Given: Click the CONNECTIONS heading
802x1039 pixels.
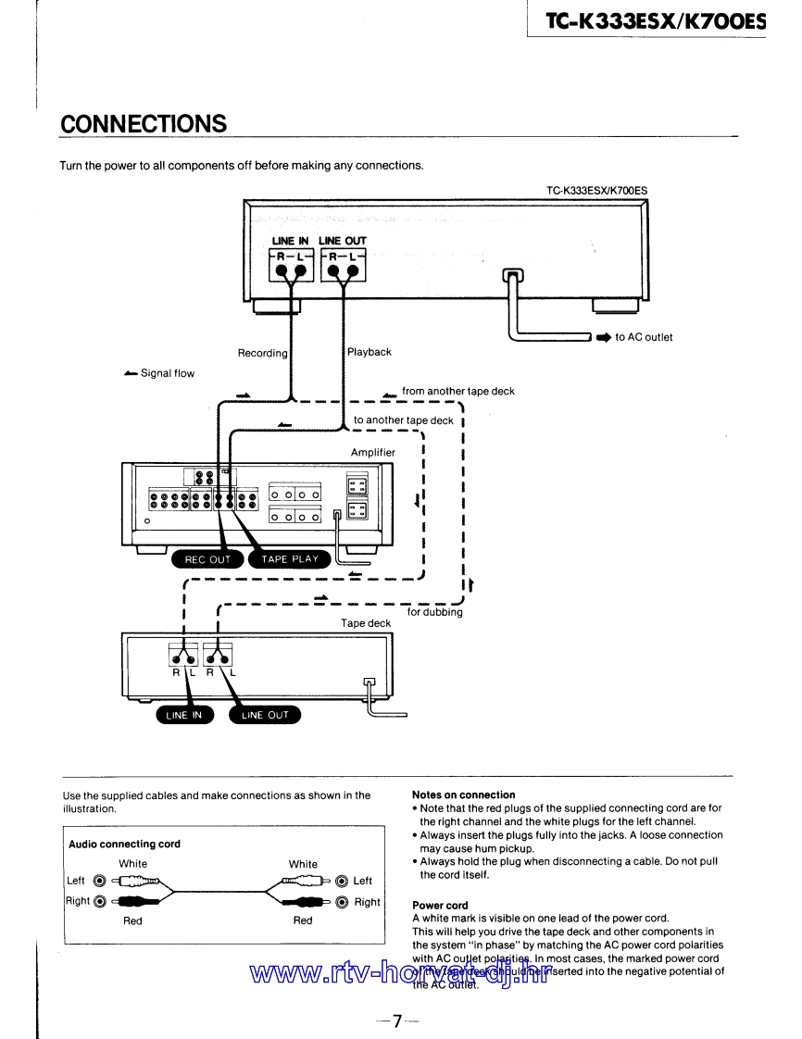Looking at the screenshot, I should [143, 124].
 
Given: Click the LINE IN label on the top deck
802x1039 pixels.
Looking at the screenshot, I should [290, 241].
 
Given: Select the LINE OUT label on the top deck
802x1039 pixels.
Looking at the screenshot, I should [343, 241].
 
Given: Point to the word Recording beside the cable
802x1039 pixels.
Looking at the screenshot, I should [262, 353].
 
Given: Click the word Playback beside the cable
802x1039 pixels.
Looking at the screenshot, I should [370, 352].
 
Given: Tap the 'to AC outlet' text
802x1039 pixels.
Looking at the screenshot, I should [644, 337].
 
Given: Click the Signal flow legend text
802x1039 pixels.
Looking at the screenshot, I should [168, 373].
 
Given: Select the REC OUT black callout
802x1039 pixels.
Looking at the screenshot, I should [207, 559].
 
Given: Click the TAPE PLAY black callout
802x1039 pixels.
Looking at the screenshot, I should [290, 559].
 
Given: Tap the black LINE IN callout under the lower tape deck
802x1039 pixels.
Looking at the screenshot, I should [183, 715].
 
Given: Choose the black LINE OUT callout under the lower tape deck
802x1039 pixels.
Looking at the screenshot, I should [265, 715].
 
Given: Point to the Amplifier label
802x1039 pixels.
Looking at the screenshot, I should [373, 452].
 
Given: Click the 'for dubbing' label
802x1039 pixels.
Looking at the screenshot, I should [434, 612].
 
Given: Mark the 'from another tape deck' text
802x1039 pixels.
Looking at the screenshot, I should [457, 391].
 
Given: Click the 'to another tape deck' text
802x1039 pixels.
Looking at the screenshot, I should [404, 420].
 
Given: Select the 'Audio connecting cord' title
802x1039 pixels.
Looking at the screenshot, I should [124, 844].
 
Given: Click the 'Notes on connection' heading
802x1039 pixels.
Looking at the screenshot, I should [463, 795].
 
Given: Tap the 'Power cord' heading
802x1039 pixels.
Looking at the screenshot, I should [440, 905].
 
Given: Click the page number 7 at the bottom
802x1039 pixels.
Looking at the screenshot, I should [397, 1021].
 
